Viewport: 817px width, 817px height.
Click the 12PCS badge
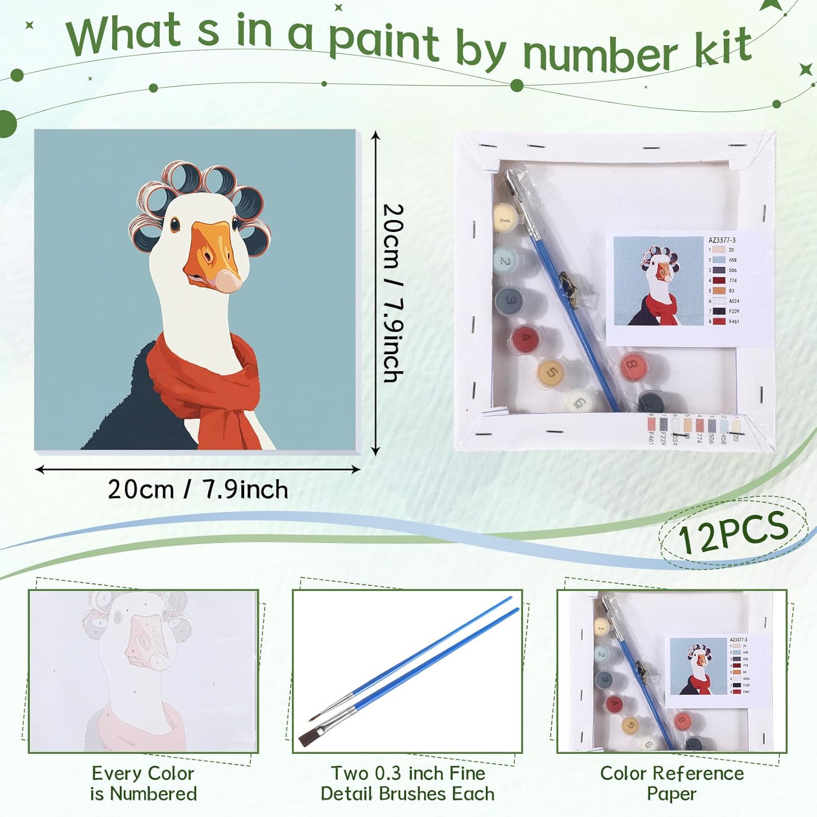733,531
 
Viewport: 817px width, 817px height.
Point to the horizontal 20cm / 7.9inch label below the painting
198,489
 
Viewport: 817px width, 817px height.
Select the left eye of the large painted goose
174,224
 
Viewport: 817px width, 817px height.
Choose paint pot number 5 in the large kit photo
551,373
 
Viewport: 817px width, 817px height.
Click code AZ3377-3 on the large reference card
722,240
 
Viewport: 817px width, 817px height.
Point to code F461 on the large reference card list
734,321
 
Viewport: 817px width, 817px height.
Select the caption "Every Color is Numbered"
143,783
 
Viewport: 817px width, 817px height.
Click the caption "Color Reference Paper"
672,783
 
